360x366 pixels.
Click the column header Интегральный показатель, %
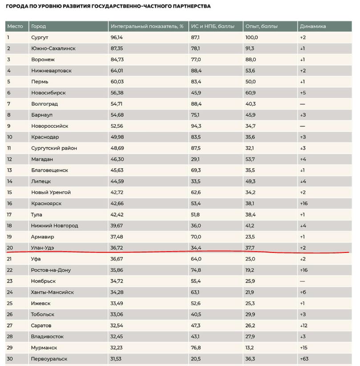pyautogui.click(x=147, y=26)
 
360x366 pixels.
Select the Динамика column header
pyautogui.click(x=313, y=26)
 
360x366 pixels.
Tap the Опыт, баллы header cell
pyautogui.click(x=261, y=26)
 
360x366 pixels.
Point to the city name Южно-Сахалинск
pyautogui.click(x=53, y=49)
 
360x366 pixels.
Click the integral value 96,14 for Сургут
pyautogui.click(x=117, y=37)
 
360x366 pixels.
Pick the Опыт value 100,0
pyautogui.click(x=251, y=37)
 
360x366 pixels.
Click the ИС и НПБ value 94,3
pyautogui.click(x=196, y=126)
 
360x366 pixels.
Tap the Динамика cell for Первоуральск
pyautogui.click(x=304, y=359)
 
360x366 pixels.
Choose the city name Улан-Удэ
pyautogui.click(x=43, y=248)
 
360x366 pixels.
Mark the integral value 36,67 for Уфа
pyautogui.click(x=117, y=259)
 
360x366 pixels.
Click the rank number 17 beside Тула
pyautogui.click(x=9, y=215)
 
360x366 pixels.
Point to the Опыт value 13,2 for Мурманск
pyautogui.click(x=250, y=348)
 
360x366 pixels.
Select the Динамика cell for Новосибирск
pyautogui.click(x=303, y=93)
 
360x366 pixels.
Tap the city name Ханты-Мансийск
pyautogui.click(x=53, y=293)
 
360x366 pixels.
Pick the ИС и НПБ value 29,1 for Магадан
pyautogui.click(x=195, y=159)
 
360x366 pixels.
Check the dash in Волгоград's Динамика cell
pyautogui.click(x=303, y=104)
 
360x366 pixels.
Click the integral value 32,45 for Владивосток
pyautogui.click(x=117, y=337)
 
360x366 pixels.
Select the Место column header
pyautogui.click(x=15, y=26)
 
